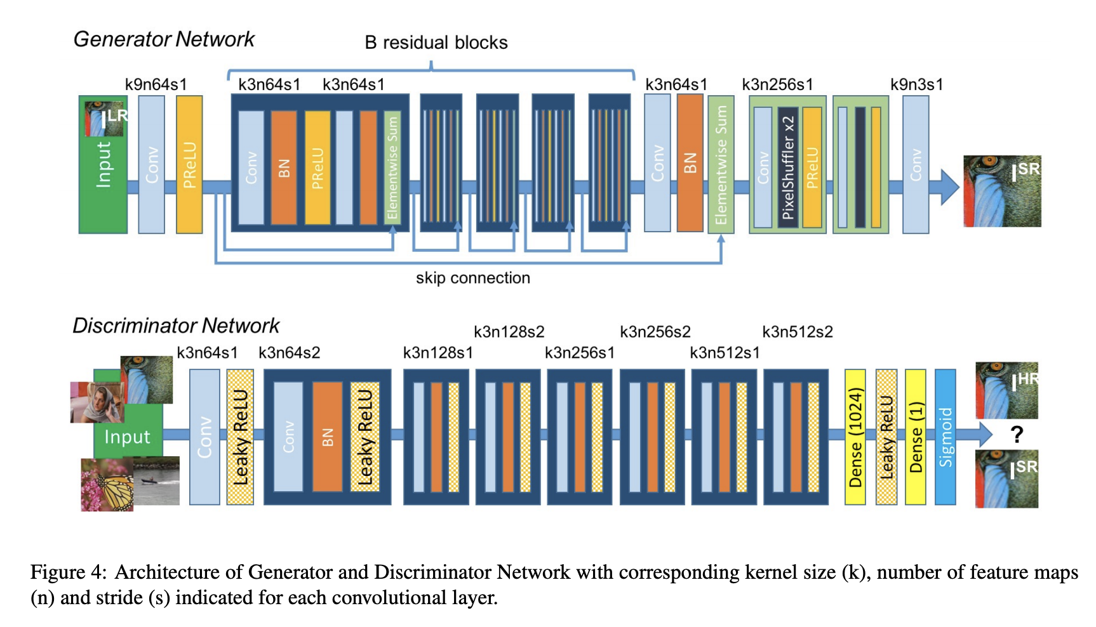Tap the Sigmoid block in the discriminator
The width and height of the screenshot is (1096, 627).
[x=946, y=437]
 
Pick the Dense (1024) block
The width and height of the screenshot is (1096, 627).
[x=855, y=437]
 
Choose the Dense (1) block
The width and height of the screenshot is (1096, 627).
[x=915, y=437]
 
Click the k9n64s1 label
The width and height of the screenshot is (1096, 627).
[x=156, y=84]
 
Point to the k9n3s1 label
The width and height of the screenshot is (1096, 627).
[x=916, y=84]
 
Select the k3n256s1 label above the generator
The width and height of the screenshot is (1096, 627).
[x=777, y=84]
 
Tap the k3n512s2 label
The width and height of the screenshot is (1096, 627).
[x=798, y=332]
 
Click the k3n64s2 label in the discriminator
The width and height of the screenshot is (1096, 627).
[x=289, y=353]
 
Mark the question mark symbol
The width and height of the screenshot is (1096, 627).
[x=1017, y=435]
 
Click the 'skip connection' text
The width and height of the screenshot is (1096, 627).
[x=472, y=278]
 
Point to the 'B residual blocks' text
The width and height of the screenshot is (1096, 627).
[x=436, y=43]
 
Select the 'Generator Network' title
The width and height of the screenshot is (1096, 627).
[x=164, y=39]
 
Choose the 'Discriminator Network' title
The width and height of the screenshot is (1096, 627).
[x=176, y=326]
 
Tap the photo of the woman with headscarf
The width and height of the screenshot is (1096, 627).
[x=97, y=402]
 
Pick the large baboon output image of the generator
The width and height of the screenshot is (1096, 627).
[x=1002, y=191]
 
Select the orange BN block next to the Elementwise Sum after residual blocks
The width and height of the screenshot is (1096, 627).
[x=690, y=163]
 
